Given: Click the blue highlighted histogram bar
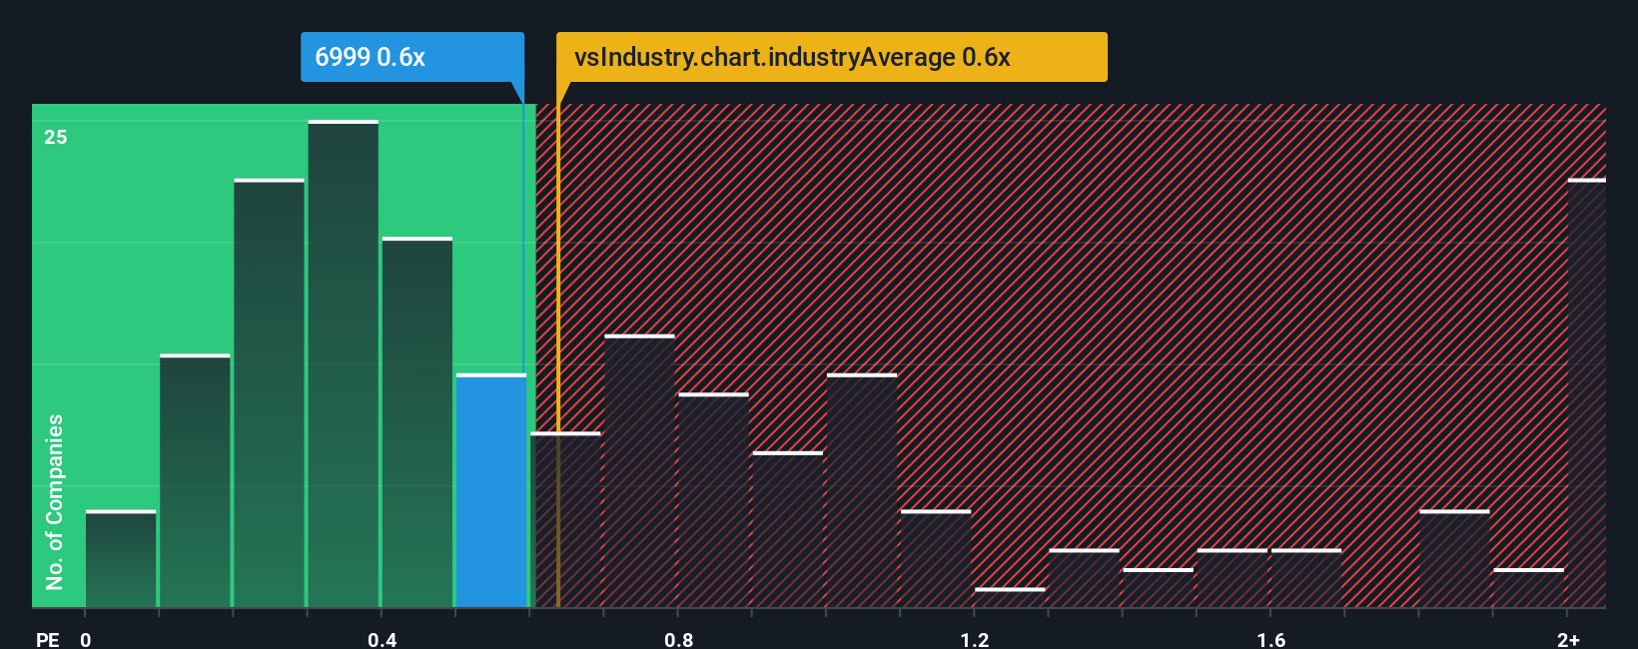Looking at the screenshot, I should point(491,491).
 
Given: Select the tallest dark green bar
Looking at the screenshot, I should point(344,364).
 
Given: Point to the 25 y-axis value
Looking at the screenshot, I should point(56,138).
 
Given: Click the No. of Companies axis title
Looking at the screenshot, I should point(55,501).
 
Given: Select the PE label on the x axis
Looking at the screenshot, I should point(47,639).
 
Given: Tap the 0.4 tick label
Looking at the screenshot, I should point(382,639).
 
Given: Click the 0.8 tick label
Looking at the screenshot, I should point(678,639).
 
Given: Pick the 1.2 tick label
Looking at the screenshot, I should point(975,639).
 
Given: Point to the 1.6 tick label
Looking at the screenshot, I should point(1270,639).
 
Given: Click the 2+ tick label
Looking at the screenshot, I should point(1568,639).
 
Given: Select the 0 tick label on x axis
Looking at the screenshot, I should point(86,639).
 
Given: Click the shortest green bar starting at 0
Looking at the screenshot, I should point(121,559).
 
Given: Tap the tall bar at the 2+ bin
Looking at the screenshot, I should point(1586,394).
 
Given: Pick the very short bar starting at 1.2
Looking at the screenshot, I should point(1010,597).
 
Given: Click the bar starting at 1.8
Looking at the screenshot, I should point(1454,559).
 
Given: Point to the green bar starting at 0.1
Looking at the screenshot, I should point(195,481).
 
